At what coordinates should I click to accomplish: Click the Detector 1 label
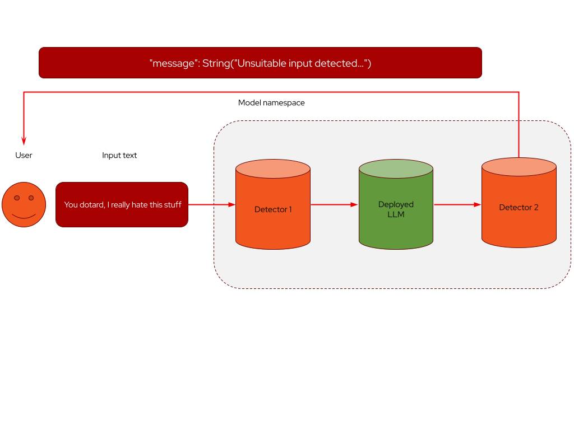pyautogui.click(x=273, y=209)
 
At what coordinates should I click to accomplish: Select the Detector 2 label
pyautogui.click(x=519, y=207)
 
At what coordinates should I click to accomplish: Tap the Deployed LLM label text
pyautogui.click(x=396, y=209)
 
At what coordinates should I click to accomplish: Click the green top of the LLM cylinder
pyautogui.click(x=396, y=169)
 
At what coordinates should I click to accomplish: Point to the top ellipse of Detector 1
pyautogui.click(x=273, y=169)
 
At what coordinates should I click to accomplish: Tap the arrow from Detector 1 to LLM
pyautogui.click(x=334, y=204)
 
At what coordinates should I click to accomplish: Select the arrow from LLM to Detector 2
pyautogui.click(x=457, y=204)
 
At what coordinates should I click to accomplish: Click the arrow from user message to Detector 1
pyautogui.click(x=211, y=204)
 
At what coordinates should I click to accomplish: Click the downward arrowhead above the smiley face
pyautogui.click(x=24, y=141)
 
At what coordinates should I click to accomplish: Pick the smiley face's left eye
pyautogui.click(x=17, y=198)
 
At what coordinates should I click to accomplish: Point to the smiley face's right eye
pyautogui.click(x=31, y=198)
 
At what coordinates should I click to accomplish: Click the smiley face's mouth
pyautogui.click(x=24, y=216)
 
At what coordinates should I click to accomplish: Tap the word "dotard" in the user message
pyautogui.click(x=92, y=205)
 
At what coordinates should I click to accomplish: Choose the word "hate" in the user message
pyautogui.click(x=140, y=205)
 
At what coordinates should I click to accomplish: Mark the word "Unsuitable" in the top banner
pyautogui.click(x=262, y=63)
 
